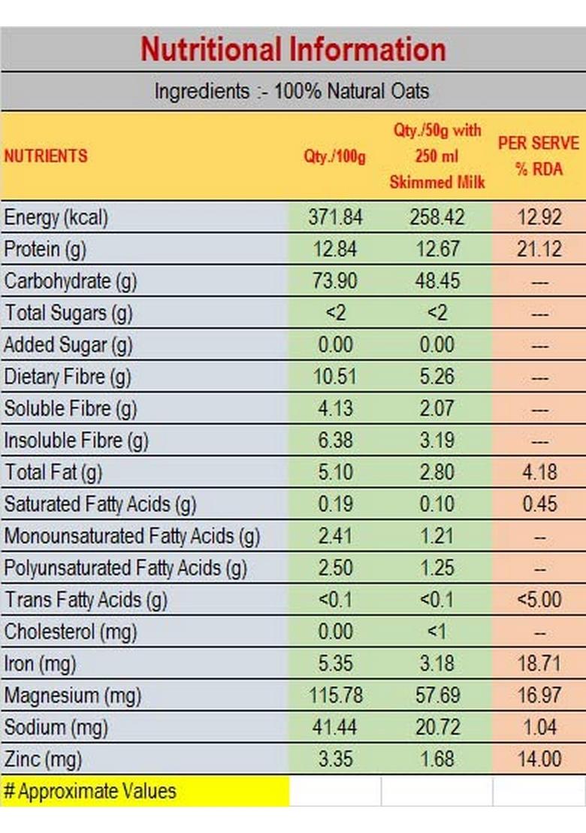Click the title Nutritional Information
(x=293, y=50)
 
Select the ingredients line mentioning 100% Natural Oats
(x=291, y=92)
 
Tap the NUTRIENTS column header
(x=46, y=156)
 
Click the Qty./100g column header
(x=334, y=157)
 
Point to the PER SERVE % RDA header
(x=539, y=156)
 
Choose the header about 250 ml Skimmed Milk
(x=437, y=156)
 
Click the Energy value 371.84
(x=335, y=217)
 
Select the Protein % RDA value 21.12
(x=539, y=249)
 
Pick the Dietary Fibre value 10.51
(x=335, y=377)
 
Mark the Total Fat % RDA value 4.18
(x=539, y=472)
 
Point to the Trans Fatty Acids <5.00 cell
(x=539, y=600)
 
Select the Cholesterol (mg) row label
(x=71, y=632)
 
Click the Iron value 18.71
(x=539, y=664)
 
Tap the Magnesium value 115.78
(x=335, y=695)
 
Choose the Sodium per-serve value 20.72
(x=437, y=727)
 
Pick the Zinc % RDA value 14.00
(x=539, y=759)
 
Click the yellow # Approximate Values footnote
(x=90, y=791)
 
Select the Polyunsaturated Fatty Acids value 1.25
(x=437, y=568)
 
